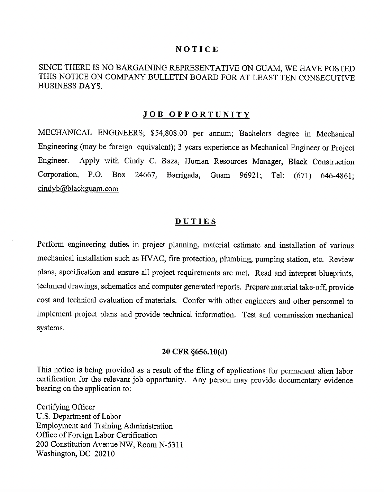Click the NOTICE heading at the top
coord(197,49)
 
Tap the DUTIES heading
coord(196,221)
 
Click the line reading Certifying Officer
coord(65,407)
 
